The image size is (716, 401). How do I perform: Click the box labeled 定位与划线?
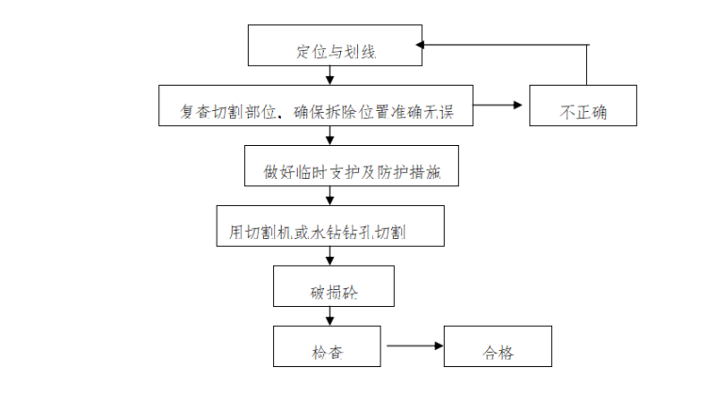pyautogui.click(x=334, y=46)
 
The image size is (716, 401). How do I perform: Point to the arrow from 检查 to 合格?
pyautogui.click(x=414, y=346)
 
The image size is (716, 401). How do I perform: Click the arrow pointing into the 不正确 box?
pyautogui.click(x=499, y=105)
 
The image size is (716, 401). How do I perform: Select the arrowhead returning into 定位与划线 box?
pyautogui.click(x=423, y=44)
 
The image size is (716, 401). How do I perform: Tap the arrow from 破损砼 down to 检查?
pyautogui.click(x=328, y=316)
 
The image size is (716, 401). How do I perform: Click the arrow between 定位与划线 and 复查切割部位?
pyautogui.click(x=328, y=75)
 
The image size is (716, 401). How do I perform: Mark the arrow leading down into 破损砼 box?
pyautogui.click(x=328, y=256)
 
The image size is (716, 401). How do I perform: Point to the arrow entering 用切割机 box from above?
pyautogui.click(x=328, y=196)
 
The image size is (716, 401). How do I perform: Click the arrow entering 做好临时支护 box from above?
pyautogui.click(x=328, y=136)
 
